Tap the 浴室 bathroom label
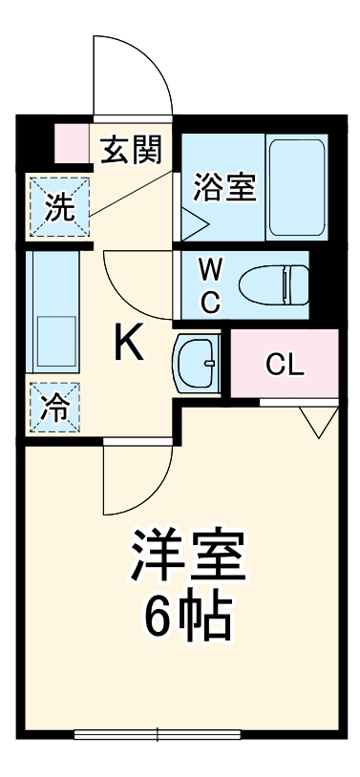point(224,186)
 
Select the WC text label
point(211,283)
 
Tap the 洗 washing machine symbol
point(59,207)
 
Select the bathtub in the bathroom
point(297,186)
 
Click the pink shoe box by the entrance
point(71,143)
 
